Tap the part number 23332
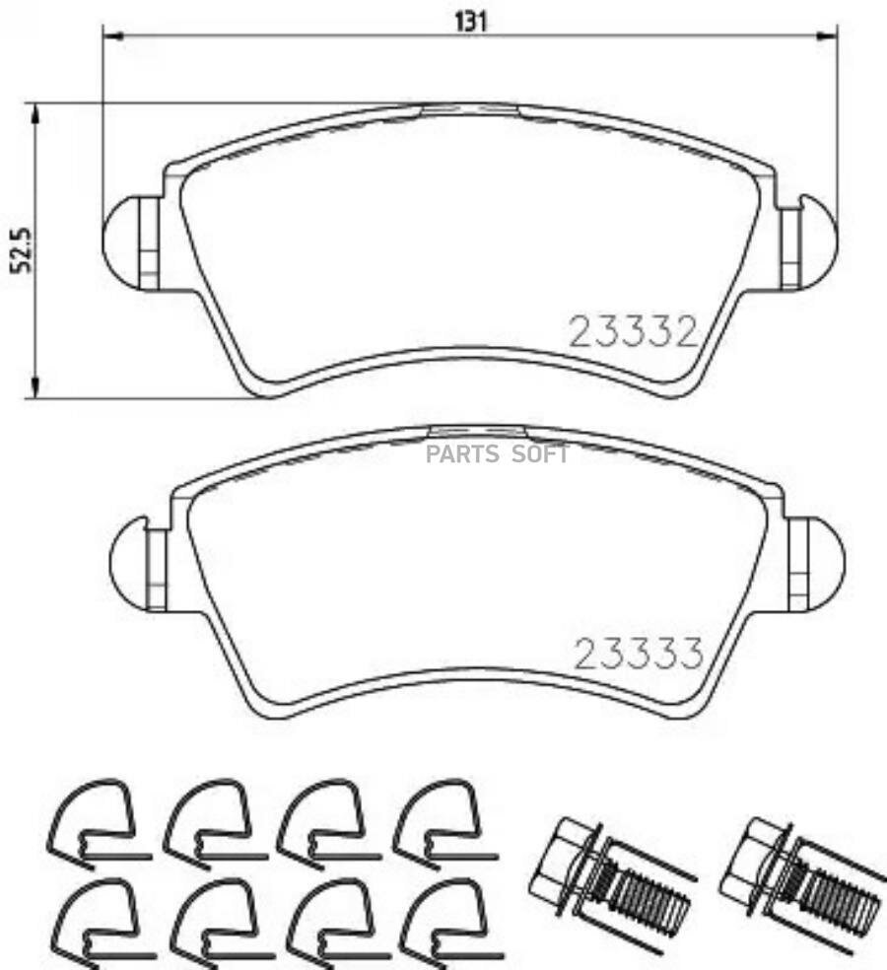pos(633,332)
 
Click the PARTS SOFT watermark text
pos(497,454)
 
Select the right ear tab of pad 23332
pos(808,242)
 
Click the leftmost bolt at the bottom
pos(608,874)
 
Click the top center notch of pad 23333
pos(478,432)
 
